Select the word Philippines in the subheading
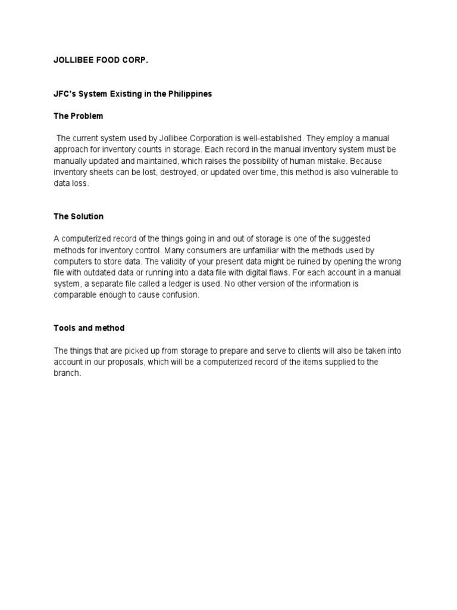(x=187, y=94)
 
